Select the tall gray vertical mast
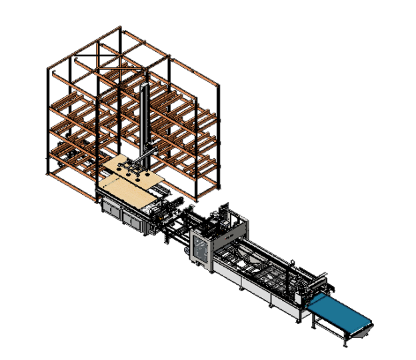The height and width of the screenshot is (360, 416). tap(145, 120)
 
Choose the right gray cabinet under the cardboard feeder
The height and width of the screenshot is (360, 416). tap(131, 220)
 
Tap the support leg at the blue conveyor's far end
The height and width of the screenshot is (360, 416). tap(345, 339)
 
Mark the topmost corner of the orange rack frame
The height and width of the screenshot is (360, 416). tap(121, 28)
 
